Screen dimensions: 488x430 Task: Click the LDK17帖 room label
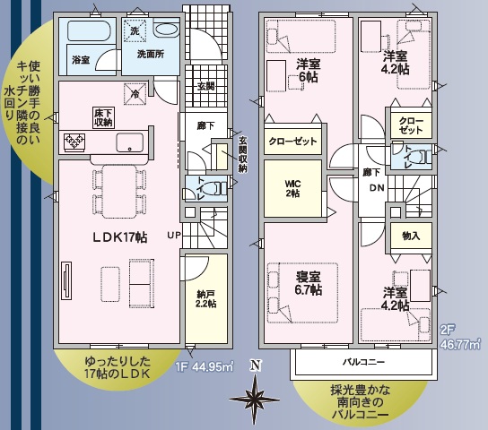pos(120,237)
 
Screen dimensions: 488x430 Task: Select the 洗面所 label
pos(151,54)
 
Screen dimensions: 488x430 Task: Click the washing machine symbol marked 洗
pos(135,30)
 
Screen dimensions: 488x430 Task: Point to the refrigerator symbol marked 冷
pos(135,94)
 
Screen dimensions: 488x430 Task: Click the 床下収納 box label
pos(104,117)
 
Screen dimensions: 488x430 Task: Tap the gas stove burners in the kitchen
pos(74,142)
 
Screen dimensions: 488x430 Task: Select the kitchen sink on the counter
pos(130,142)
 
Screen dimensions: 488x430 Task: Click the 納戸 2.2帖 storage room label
pos(206,298)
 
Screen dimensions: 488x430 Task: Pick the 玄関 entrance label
pos(206,86)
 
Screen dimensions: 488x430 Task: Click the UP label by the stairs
pos(174,236)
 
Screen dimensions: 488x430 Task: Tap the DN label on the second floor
pos(377,187)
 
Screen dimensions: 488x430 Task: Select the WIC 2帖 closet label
pos(292,189)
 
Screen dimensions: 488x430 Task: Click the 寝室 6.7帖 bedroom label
pos(309,283)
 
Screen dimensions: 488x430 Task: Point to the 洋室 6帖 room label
pos(309,71)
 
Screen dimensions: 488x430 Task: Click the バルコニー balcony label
pos(364,362)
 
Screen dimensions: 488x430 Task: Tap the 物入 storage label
pos(411,236)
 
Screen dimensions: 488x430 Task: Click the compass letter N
pos(256,365)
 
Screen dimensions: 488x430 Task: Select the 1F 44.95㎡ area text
pos(205,367)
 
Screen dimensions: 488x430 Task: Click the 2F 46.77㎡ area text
pos(460,338)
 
